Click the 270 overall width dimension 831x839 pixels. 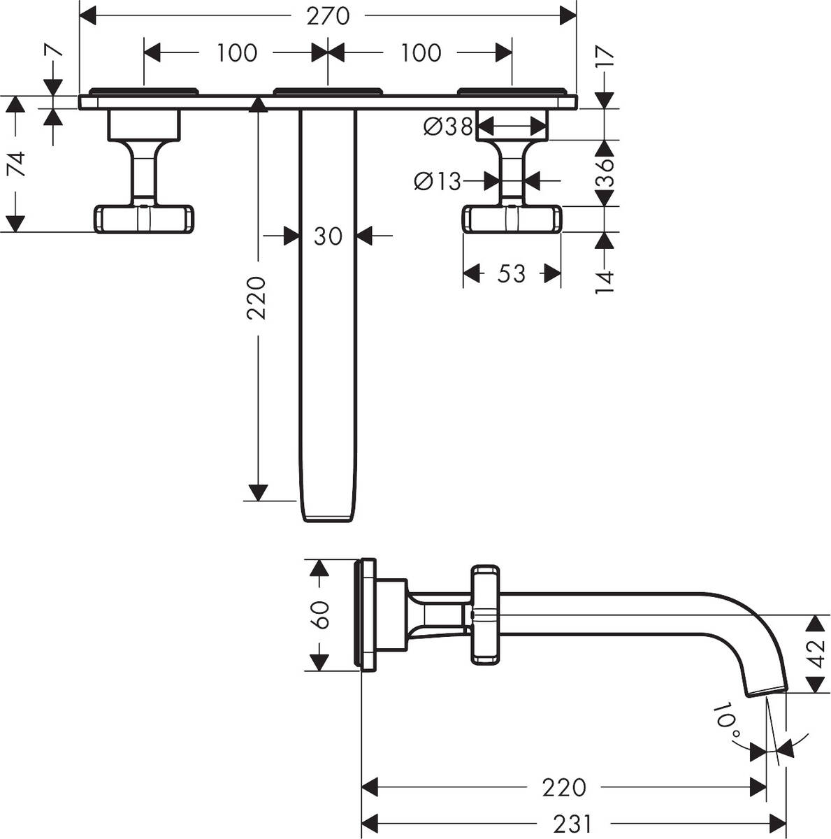coord(328,15)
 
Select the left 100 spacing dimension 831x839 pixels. coord(236,52)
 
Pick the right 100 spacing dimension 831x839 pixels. coord(421,52)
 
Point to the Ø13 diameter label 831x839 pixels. coord(438,181)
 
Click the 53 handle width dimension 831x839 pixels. coord(511,273)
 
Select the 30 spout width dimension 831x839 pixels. coord(328,236)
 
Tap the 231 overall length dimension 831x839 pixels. coord(572,824)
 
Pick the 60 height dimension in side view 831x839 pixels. coord(320,615)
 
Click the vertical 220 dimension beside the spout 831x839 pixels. coord(257,298)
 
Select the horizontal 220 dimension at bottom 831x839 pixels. coord(563,787)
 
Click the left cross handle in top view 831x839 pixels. coord(143,218)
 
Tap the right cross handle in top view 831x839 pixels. coord(511,218)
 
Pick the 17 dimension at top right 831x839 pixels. coord(605,55)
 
